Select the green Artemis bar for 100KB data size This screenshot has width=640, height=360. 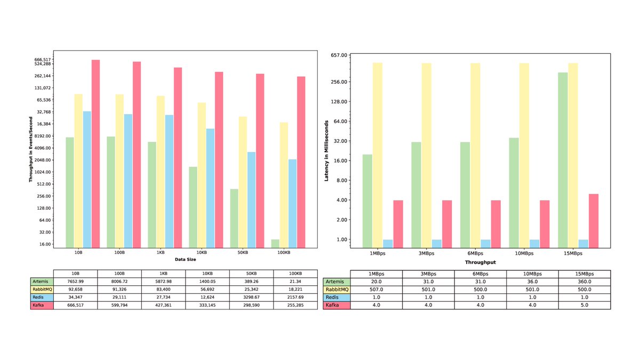pos(275,244)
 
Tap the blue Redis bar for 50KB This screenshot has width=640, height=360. pos(251,200)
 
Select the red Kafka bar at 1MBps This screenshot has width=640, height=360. pos(398,224)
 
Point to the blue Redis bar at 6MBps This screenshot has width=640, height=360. pos(485,244)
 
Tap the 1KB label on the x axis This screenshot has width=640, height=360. pos(161,252)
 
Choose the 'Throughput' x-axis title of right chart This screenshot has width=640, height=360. pos(480,262)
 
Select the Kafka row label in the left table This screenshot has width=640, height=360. pos(42,305)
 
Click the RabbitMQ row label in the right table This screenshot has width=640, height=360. pos(337,289)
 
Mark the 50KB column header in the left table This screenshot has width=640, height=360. pos(251,273)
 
